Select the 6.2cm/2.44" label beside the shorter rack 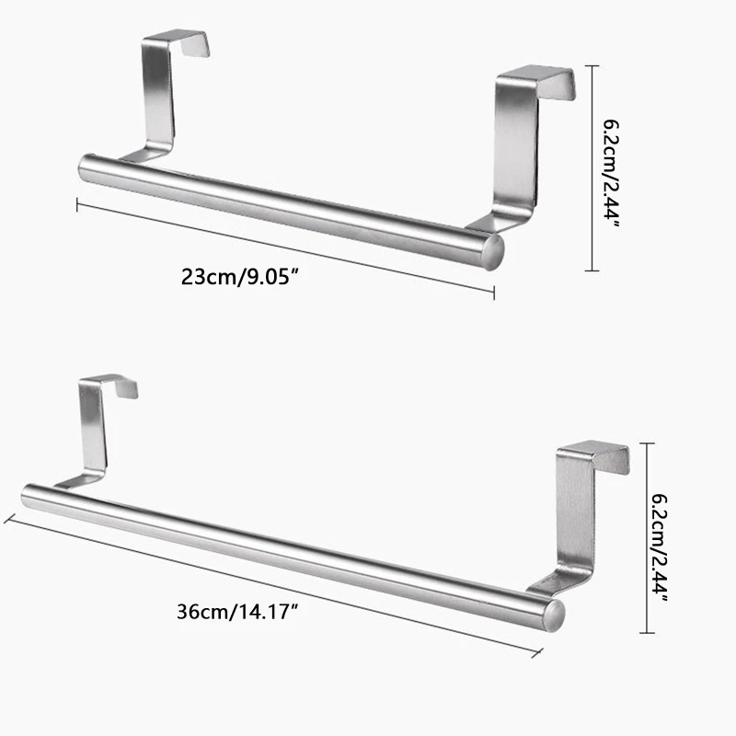coord(611,167)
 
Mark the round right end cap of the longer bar coord(556,615)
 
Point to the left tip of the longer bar coord(26,496)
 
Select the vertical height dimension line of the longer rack coord(650,539)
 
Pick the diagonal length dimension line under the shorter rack coord(285,247)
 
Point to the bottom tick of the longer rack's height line coord(650,633)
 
